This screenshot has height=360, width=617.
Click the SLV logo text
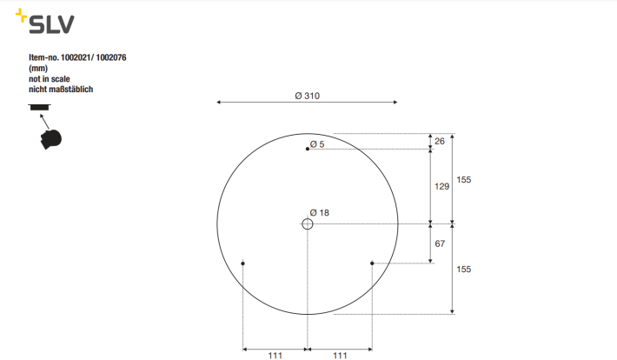click(x=51, y=24)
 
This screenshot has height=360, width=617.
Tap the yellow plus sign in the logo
click(x=21, y=16)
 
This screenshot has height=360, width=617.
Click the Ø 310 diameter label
click(x=308, y=96)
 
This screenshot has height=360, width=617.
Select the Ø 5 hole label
click(x=317, y=144)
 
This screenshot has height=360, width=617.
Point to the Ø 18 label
click(x=320, y=213)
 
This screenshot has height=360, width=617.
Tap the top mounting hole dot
click(x=308, y=149)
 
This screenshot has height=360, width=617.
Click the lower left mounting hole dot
click(x=242, y=263)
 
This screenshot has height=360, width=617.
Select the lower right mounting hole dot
click(x=372, y=263)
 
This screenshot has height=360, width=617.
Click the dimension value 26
click(x=440, y=141)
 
